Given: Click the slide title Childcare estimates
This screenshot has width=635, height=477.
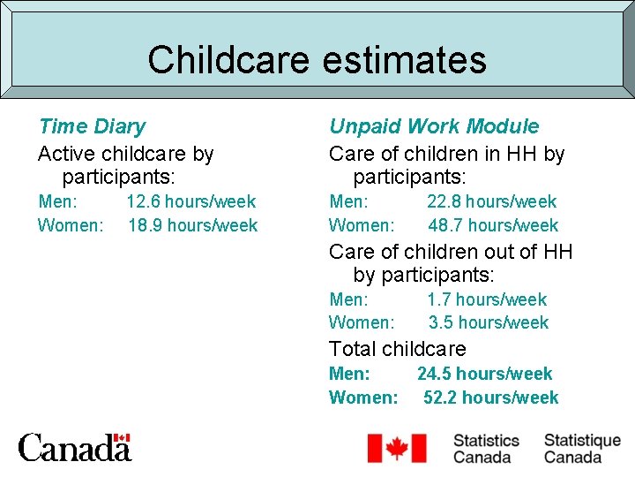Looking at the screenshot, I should [317, 60].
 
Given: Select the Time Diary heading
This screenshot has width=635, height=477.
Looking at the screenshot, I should [92, 127].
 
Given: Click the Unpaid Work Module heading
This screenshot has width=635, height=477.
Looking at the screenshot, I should [433, 127].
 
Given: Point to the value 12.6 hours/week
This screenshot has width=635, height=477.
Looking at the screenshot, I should [190, 201].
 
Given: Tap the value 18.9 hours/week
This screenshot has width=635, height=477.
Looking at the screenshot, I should [192, 225].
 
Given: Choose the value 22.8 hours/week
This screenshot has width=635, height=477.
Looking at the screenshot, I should [491, 201].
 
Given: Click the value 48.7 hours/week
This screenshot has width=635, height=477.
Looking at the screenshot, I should [493, 225].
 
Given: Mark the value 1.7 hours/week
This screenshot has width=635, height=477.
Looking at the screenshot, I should [487, 299].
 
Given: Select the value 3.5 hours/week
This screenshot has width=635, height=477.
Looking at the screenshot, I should [489, 322].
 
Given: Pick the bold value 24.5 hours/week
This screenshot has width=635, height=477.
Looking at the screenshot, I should [484, 374].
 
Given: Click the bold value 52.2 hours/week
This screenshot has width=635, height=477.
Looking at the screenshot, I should [490, 397].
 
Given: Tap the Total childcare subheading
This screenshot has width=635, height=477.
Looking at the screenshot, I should [397, 349].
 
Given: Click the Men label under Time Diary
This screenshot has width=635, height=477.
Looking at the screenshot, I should [57, 201].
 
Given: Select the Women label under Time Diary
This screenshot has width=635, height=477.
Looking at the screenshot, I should [71, 225].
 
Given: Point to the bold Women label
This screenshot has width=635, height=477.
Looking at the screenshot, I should [363, 397].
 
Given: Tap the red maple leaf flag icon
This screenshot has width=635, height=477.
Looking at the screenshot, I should [396, 448].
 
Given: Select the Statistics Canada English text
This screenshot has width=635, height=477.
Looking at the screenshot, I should [486, 448].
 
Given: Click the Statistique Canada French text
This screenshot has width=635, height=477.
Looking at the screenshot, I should [582, 448].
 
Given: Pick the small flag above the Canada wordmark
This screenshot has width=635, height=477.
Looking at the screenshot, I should [122, 437].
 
